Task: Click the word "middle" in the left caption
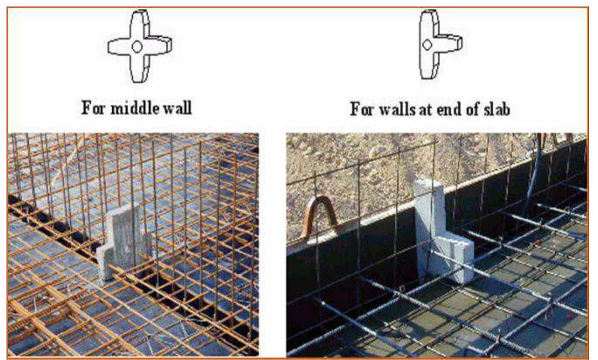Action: pyautogui.click(x=135, y=108)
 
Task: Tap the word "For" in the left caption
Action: pyautogui.click(x=93, y=108)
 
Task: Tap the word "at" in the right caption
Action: pyautogui.click(x=426, y=110)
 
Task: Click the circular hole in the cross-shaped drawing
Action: pyautogui.click(x=137, y=47)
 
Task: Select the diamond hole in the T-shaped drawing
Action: pyautogui.click(x=427, y=45)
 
